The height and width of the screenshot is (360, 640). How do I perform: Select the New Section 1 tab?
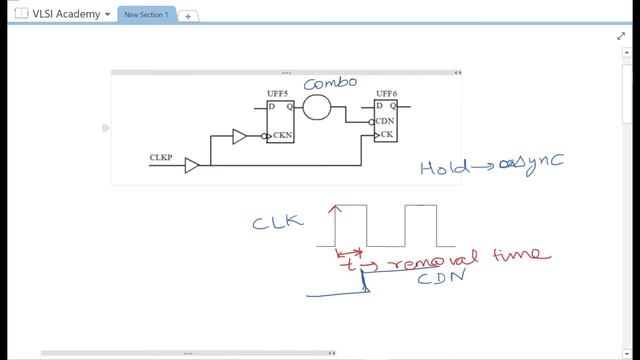[146, 15]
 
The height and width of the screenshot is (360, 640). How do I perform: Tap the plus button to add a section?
[188, 16]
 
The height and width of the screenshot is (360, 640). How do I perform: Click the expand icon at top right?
[620, 36]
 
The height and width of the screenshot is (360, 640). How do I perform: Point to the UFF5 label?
[277, 94]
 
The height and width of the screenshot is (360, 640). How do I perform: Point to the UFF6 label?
[387, 94]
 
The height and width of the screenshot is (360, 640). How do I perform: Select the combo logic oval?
[317, 107]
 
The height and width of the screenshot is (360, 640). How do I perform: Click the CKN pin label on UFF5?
[281, 136]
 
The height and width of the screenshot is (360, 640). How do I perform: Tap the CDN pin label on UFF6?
[386, 122]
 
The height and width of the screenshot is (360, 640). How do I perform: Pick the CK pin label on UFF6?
[383, 134]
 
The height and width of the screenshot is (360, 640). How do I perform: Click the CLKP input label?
[160, 157]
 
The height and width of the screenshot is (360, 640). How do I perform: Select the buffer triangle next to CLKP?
[192, 165]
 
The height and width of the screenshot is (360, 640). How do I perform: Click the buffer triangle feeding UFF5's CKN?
[239, 136]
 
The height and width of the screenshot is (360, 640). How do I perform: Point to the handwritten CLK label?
[277, 221]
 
